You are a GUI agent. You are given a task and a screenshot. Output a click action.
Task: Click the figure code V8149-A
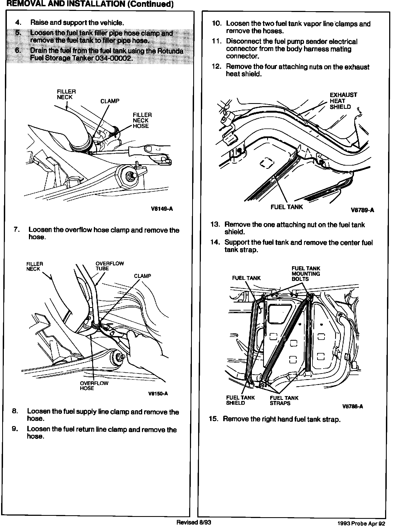pyautogui.click(x=162, y=209)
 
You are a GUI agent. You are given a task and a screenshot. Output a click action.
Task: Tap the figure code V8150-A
pyautogui.click(x=158, y=394)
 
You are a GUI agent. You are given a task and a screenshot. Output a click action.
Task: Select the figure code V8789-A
pyautogui.click(x=362, y=210)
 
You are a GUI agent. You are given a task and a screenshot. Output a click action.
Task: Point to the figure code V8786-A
pyautogui.click(x=353, y=406)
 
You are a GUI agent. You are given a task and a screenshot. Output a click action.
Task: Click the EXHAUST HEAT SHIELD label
pyautogui.click(x=343, y=101)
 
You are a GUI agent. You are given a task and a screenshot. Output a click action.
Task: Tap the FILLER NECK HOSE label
pyautogui.click(x=142, y=121)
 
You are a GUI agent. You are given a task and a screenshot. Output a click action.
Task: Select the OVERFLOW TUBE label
pyautogui.click(x=109, y=266)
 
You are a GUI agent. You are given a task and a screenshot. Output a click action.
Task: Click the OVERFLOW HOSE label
pyautogui.click(x=94, y=386)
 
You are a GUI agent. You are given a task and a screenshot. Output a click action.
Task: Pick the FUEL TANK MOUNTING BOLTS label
pyautogui.click(x=306, y=274)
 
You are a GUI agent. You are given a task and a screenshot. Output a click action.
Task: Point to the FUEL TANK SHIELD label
pyautogui.click(x=240, y=400)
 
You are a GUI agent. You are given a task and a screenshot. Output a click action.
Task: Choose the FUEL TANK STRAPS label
pyautogui.click(x=284, y=400)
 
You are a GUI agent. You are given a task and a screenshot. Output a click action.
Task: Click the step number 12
pyautogui.click(x=217, y=67)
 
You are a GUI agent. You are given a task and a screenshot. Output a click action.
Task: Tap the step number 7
pyautogui.click(x=17, y=230)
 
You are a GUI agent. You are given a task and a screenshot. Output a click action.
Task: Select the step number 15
pyautogui.click(x=214, y=419)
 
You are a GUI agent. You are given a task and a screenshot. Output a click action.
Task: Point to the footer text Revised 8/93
pyautogui.click(x=194, y=522)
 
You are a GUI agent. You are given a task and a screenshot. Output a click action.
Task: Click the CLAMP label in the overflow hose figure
pyautogui.click(x=142, y=276)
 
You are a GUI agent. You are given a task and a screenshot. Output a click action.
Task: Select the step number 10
pyautogui.click(x=217, y=24)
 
